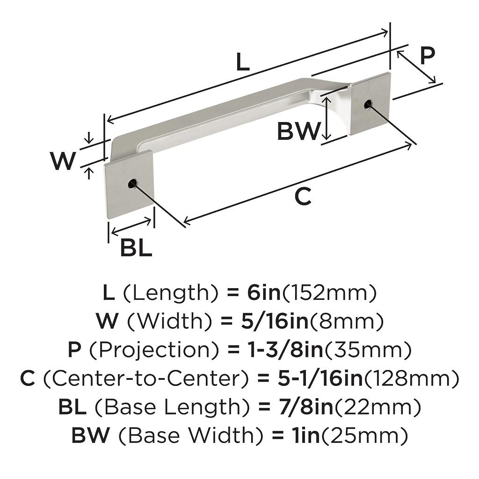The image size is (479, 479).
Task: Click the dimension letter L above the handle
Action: coord(243,62)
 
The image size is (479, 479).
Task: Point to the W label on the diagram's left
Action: coord(64,160)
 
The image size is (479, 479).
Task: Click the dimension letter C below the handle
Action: coord(303,196)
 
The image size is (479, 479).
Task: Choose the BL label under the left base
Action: coord(136,247)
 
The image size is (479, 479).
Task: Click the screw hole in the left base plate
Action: coord(132,183)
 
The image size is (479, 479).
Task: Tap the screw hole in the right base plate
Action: coord(368,104)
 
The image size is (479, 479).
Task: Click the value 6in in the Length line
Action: coord(264,292)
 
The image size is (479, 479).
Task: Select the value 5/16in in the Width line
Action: coord(275,321)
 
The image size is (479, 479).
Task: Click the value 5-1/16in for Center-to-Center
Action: coord(320,378)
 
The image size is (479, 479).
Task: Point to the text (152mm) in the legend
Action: coord(329,293)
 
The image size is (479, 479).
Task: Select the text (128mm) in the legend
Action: coord(412,378)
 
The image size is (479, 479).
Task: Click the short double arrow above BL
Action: coord(131,226)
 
